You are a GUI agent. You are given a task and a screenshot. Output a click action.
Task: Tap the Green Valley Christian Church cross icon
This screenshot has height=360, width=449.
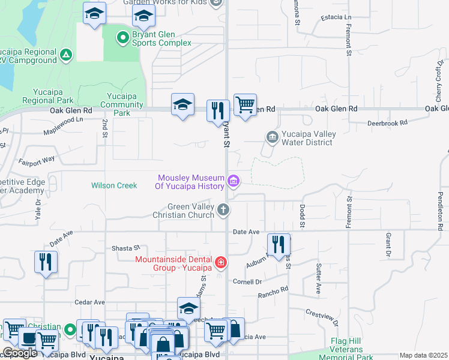click(223, 209)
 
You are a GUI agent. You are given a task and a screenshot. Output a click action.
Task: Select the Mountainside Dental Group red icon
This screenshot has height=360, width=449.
click(220, 263)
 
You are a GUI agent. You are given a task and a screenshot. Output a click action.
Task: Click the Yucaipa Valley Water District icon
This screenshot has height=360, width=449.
click(273, 138)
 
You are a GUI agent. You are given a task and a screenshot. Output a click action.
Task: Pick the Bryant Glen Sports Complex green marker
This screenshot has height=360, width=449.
click(123, 38)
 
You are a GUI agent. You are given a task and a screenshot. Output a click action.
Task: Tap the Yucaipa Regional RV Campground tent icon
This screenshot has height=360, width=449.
click(65, 56)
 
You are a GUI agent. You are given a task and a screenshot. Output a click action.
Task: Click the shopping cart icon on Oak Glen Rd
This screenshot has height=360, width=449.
click(245, 105)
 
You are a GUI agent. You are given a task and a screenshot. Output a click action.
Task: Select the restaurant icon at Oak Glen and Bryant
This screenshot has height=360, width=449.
click(218, 110)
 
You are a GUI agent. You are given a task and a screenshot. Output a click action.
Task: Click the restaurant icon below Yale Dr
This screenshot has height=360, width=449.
click(46, 262)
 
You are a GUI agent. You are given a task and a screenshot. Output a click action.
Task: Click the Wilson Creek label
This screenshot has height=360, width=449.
click(114, 185)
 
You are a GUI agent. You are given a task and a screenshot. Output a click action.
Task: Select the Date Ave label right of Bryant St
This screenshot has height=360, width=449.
click(246, 232)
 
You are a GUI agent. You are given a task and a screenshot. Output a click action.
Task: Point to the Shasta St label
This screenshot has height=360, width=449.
click(125, 247)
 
